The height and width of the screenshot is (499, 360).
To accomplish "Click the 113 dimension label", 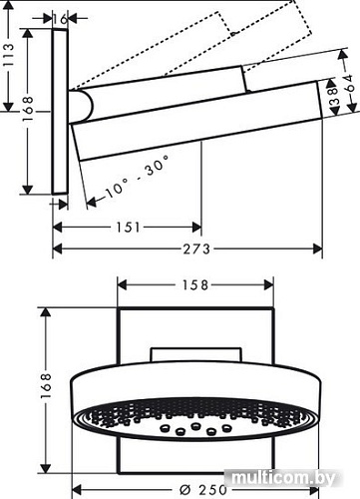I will pyautogui.click(x=9, y=60).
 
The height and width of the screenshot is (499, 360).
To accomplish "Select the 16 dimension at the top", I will pyautogui.click(x=63, y=19).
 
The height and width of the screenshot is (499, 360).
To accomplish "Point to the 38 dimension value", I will pyautogui.click(x=332, y=100).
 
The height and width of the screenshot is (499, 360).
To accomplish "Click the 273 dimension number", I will pyautogui.click(x=187, y=250).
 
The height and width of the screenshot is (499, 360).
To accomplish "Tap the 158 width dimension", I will pyautogui.click(x=195, y=284).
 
